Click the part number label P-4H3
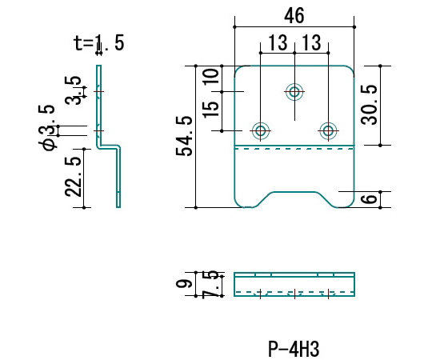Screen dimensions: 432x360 [294, 349]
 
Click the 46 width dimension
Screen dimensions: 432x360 [294, 16]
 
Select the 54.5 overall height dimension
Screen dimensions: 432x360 [184, 136]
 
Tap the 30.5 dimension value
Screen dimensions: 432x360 [369, 105]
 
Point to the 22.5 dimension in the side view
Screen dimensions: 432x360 [74, 177]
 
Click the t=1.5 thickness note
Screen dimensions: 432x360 [99, 43]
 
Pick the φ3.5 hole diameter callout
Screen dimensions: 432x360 [47, 127]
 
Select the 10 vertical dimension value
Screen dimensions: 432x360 [210, 76]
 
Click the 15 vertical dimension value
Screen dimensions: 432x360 [210, 110]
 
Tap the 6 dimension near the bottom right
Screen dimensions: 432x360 [369, 199]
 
